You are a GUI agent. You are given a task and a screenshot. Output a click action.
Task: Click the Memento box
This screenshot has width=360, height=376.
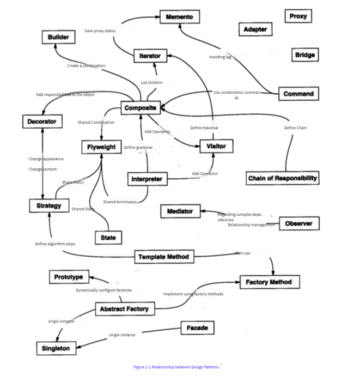179,17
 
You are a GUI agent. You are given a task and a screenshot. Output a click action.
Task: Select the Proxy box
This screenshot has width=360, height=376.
297,16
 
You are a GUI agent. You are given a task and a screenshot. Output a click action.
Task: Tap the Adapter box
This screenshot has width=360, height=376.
255,29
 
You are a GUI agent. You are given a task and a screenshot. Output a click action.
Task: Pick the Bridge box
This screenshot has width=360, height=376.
304,55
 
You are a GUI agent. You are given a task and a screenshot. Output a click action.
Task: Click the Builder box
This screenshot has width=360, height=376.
58,37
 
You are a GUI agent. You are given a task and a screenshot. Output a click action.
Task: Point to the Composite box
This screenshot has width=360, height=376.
140,108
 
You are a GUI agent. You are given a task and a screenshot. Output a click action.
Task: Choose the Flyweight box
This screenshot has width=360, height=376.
101,147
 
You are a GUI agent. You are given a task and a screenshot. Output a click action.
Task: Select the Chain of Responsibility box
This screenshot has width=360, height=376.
282,178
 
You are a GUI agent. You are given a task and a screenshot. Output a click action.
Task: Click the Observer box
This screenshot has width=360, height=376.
299,223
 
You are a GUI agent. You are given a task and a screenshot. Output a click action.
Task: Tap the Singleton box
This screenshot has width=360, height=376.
57,348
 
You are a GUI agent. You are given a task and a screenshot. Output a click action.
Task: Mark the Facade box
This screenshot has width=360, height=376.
197,328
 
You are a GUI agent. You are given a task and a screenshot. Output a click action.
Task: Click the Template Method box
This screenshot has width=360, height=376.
163,257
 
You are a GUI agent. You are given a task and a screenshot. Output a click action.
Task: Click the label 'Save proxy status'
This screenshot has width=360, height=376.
100,31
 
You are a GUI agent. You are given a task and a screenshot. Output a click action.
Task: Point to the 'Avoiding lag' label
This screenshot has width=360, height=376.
220,57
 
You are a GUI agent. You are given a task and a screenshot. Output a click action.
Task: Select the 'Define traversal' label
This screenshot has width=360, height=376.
204,128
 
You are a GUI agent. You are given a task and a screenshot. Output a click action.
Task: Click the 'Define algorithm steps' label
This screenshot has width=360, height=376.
55,244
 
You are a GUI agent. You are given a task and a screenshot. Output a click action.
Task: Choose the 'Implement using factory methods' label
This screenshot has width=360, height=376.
193,294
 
